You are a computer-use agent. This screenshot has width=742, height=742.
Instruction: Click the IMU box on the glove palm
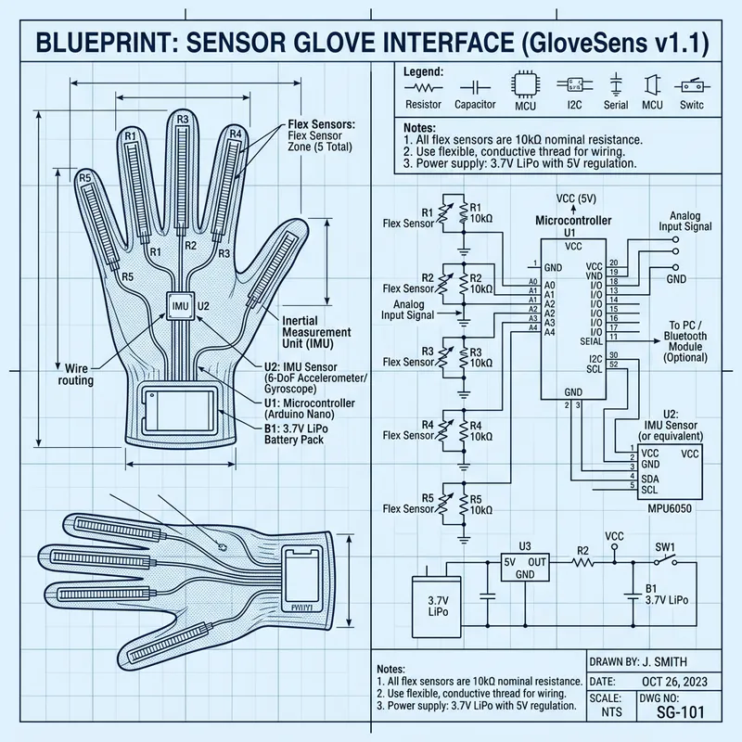point(180,305)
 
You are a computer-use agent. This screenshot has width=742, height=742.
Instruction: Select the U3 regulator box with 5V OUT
point(525,569)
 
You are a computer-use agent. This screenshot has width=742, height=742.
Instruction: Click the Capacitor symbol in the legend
point(475,85)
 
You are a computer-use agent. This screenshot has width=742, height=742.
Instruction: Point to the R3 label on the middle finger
point(183,120)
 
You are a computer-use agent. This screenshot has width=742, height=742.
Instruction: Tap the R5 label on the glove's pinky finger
point(84,177)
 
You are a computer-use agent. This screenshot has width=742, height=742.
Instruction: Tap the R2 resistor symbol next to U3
point(583,561)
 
